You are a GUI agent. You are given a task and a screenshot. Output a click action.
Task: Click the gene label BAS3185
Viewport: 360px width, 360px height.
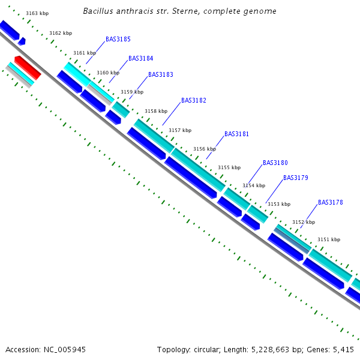[x=118, y=39]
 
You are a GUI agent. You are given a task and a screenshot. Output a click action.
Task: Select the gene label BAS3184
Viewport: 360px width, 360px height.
[x=140, y=59]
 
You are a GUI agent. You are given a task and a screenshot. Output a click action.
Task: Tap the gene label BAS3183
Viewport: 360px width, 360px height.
[x=161, y=75]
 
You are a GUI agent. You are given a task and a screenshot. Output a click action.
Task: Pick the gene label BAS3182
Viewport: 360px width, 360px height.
[x=194, y=100]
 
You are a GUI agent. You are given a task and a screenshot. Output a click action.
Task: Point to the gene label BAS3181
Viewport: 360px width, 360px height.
[x=236, y=134]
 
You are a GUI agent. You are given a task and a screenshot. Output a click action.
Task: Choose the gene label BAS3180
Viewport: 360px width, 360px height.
[x=275, y=163]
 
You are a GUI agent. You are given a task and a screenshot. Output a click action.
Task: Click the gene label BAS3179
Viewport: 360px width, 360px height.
[x=296, y=178]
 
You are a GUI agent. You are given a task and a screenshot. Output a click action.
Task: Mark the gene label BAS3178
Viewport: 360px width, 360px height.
[x=331, y=202]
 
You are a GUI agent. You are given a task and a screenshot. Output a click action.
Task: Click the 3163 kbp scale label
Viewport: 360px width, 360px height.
[x=37, y=13]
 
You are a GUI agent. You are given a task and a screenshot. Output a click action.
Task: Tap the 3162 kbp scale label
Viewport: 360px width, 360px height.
[x=61, y=33]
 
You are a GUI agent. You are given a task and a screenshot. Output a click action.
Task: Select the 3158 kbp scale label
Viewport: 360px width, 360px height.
[x=156, y=111]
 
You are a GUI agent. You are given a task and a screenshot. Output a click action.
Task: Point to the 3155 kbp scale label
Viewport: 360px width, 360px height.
[x=229, y=167]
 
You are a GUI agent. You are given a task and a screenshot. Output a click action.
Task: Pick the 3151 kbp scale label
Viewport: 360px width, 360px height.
[x=329, y=239]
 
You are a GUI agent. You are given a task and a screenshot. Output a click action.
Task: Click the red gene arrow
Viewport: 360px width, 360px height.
[x=28, y=68]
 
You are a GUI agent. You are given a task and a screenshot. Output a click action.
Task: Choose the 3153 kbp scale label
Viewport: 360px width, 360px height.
[x=279, y=204]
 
